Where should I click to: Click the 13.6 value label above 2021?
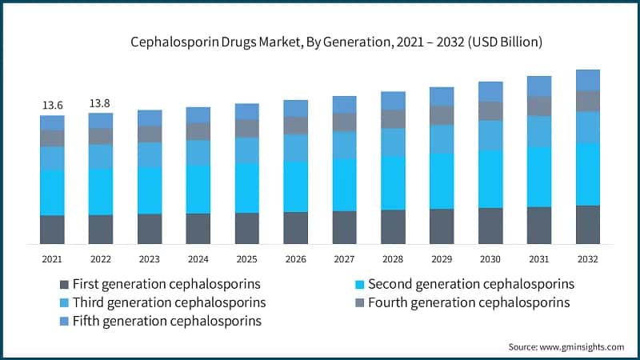[52, 105]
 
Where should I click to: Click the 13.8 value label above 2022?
[101, 103]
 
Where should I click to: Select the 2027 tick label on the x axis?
[344, 259]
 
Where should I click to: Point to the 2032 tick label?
[587, 259]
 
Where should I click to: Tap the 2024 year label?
[198, 259]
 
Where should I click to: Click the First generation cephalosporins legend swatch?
[64, 285]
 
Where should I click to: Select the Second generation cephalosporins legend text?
[471, 284]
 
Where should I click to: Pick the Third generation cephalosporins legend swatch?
[64, 303]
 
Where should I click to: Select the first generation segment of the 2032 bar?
[587, 224]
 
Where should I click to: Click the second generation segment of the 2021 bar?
[52, 192]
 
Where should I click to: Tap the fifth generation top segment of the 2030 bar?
[490, 91]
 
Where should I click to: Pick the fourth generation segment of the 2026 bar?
[295, 126]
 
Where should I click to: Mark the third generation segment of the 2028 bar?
[393, 142]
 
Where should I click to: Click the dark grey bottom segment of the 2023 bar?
[150, 229]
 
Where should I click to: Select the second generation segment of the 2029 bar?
[442, 181]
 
